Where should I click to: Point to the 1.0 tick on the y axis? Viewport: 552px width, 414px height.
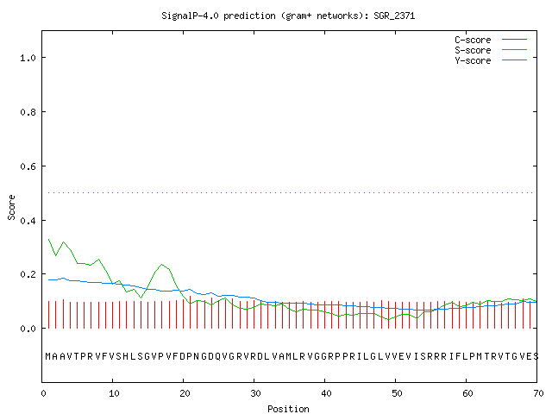(x=28, y=58)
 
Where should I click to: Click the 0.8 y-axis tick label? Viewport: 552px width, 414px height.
(x=28, y=112)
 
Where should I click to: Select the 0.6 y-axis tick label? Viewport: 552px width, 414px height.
(x=28, y=166)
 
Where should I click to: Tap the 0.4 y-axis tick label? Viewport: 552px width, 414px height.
(x=28, y=221)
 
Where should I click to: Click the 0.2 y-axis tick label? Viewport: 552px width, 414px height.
(x=28, y=274)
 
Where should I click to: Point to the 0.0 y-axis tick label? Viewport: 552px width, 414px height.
(x=28, y=329)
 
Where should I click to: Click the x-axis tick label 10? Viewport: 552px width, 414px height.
(x=114, y=393)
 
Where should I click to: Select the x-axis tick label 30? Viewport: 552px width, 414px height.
(x=255, y=393)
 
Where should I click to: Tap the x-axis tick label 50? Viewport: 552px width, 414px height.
(x=397, y=393)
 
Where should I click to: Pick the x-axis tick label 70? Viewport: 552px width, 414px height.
(x=538, y=393)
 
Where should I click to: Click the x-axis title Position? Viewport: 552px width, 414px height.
(x=288, y=409)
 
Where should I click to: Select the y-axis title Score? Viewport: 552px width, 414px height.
(x=11, y=207)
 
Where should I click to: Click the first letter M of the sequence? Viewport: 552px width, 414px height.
(x=48, y=356)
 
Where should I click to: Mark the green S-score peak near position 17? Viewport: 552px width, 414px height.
(x=162, y=265)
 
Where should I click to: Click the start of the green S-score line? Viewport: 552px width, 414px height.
(x=48, y=240)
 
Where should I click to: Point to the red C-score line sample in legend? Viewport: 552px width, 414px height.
(x=514, y=40)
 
